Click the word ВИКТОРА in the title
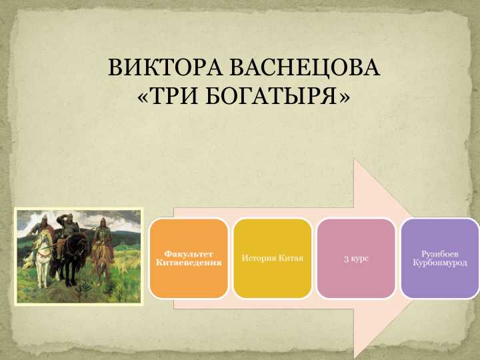(166, 69)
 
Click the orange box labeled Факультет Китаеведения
(189, 258)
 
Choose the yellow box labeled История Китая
(272, 258)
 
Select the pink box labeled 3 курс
(356, 258)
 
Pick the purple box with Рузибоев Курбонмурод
(440, 258)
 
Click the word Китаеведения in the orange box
(189, 263)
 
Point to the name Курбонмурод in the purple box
(440, 263)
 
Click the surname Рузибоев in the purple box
(440, 254)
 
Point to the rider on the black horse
(67, 230)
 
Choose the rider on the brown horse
(101, 233)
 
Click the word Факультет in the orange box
(189, 254)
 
